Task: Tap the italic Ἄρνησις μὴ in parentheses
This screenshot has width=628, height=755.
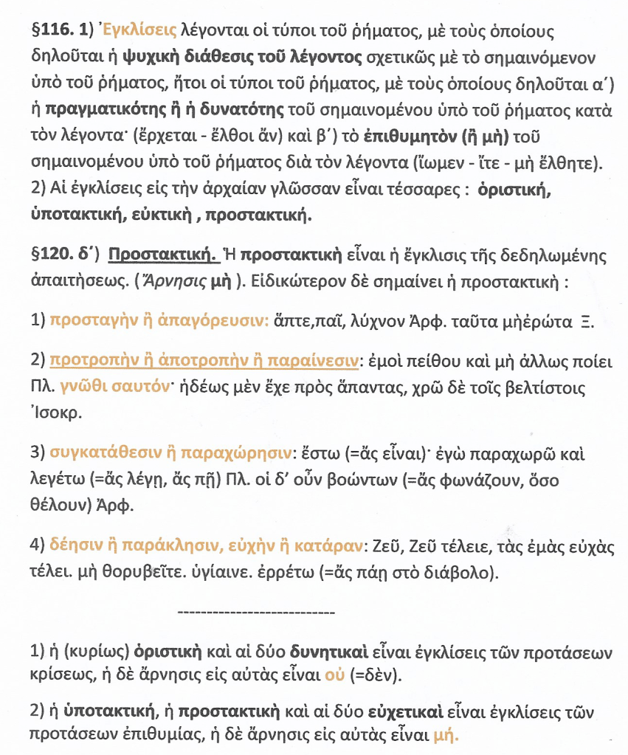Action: point(202,284)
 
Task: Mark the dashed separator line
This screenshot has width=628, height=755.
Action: point(256,612)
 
